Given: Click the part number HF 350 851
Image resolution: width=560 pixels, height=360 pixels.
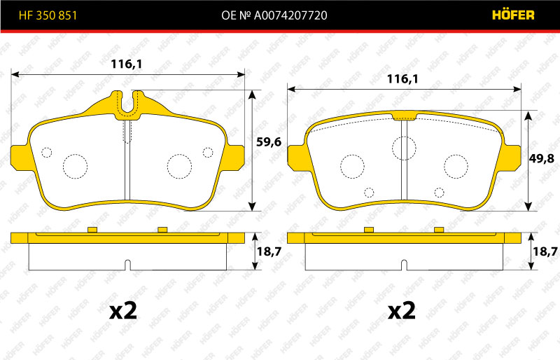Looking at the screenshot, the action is (x=48, y=15).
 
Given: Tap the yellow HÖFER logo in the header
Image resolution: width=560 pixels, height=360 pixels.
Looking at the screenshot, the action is (x=513, y=15).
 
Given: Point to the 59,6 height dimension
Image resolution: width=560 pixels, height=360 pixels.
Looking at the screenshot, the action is (x=269, y=142).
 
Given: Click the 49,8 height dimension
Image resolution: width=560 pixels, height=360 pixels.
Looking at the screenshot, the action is (x=541, y=158).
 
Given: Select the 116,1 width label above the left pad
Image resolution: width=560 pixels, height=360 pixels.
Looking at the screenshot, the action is (x=127, y=64).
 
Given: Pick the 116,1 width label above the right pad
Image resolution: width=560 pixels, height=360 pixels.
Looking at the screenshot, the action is (x=403, y=78).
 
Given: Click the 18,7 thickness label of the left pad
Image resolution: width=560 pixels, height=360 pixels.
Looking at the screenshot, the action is (x=269, y=251).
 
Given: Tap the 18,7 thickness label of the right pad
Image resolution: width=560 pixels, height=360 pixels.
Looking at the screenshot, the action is (x=545, y=251).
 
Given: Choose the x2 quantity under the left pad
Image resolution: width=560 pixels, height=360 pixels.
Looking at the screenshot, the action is (x=123, y=310).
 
